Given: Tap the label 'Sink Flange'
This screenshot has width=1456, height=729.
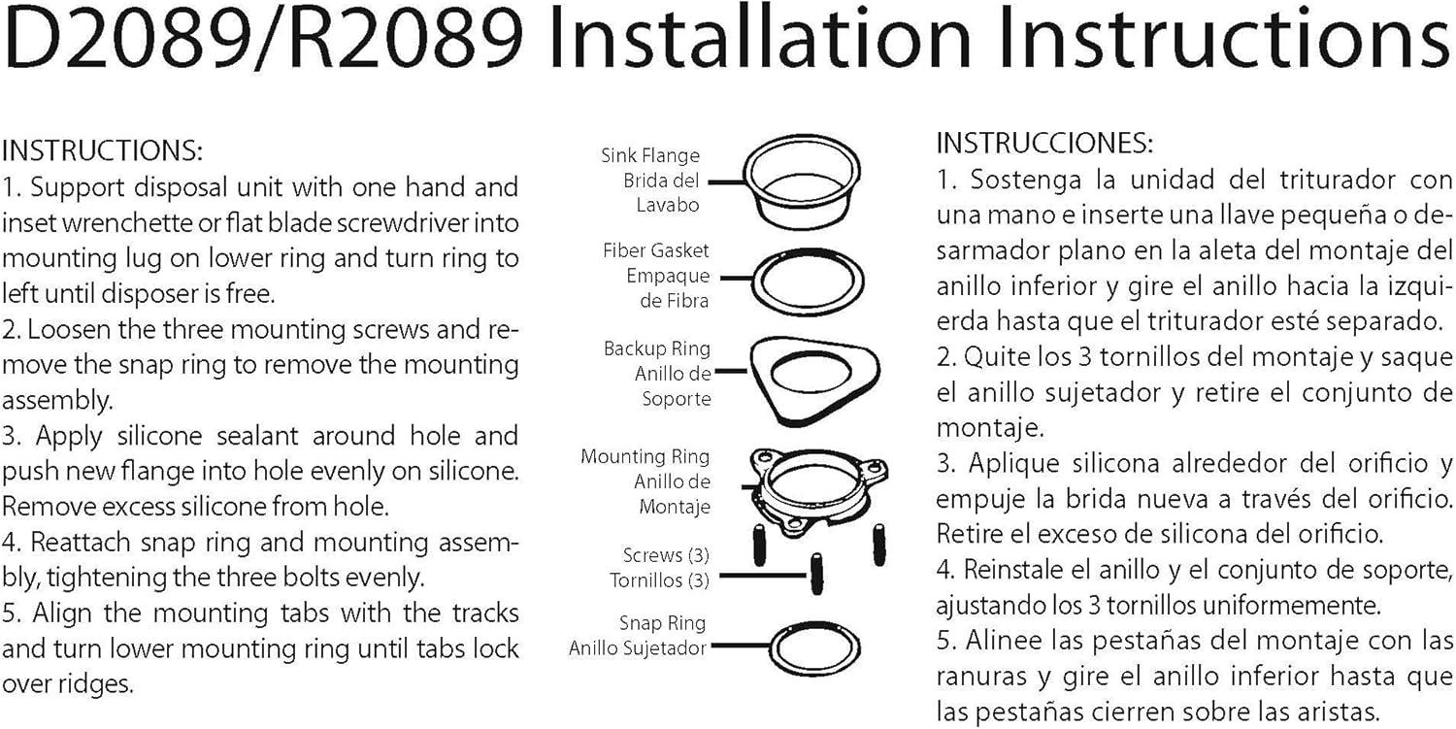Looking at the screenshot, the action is pyautogui.click(x=650, y=155).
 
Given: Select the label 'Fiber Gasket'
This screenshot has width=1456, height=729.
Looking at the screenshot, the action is pyautogui.click(x=656, y=250).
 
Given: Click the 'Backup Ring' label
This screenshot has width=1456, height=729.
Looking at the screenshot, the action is pyautogui.click(x=656, y=348).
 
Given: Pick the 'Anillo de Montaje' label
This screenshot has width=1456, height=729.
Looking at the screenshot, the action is pyautogui.click(x=672, y=494).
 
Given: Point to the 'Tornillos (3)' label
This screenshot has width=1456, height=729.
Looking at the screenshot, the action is pyautogui.click(x=659, y=580).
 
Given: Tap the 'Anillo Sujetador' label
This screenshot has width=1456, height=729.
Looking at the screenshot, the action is pyautogui.click(x=637, y=648).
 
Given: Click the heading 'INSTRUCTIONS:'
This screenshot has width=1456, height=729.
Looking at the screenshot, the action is pyautogui.click(x=103, y=150).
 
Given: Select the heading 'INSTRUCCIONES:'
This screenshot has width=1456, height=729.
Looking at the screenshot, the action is pyautogui.click(x=1044, y=143).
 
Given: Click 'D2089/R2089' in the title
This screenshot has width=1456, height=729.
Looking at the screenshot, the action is pyautogui.click(x=264, y=38).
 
